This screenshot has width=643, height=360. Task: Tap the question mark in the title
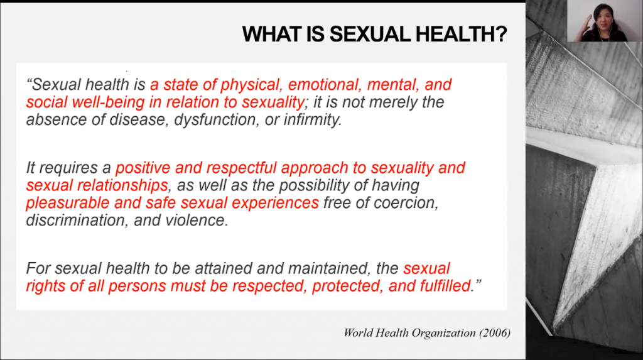click(x=502, y=34)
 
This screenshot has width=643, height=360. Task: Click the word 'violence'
click(x=197, y=221)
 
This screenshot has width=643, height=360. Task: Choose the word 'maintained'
click(x=323, y=268)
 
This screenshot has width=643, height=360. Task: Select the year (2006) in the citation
click(x=495, y=333)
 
